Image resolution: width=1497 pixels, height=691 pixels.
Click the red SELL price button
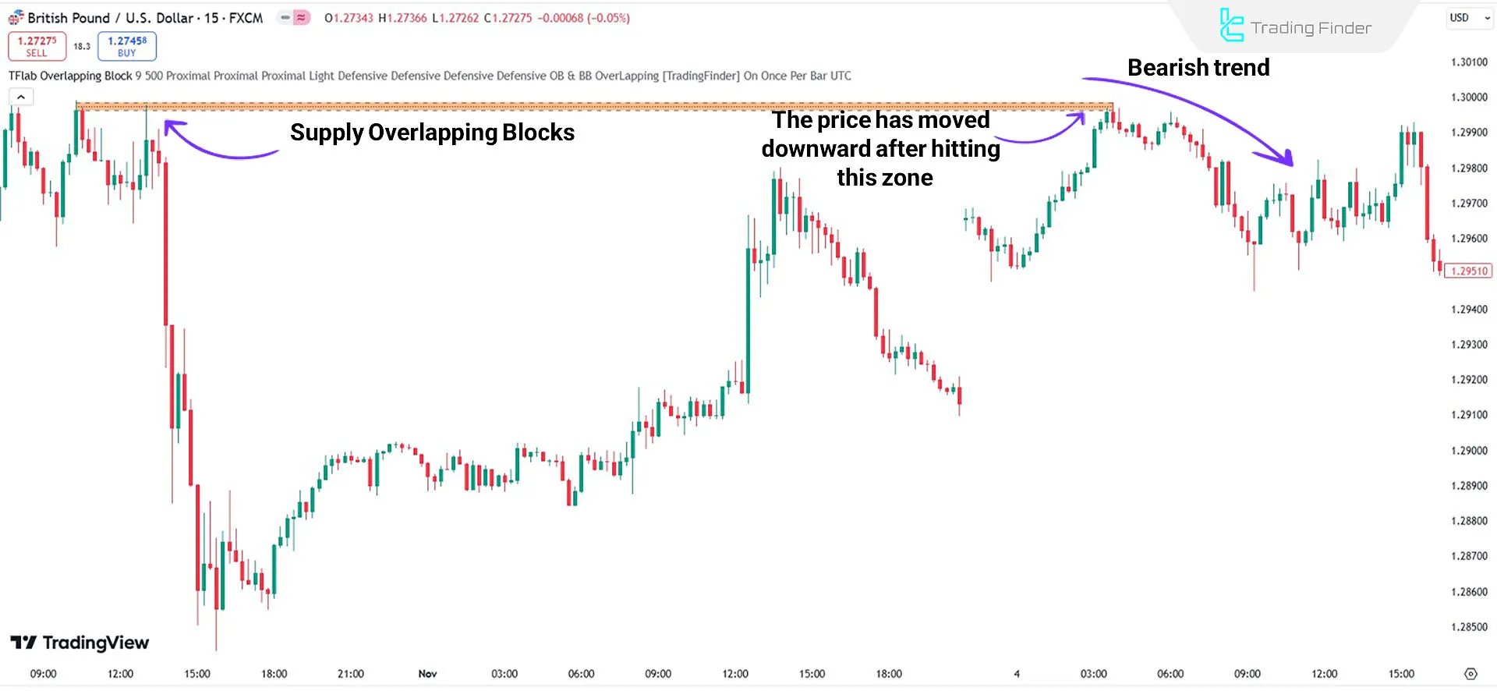(37, 46)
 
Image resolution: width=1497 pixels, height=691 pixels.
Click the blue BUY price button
(127, 46)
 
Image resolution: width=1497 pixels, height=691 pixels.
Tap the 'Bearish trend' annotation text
(1198, 68)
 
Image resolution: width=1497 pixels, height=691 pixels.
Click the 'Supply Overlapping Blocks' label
(432, 133)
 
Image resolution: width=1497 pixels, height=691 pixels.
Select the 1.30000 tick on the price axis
(1469, 97)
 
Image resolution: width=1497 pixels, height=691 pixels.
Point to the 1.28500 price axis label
(1469, 627)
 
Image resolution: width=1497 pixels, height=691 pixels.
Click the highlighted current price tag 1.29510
(1469, 271)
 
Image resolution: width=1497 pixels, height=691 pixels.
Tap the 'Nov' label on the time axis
(427, 674)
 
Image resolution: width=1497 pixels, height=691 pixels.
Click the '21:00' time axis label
(351, 674)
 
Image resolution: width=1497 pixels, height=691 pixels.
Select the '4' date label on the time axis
(1017, 674)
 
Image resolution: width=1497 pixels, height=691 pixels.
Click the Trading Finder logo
(1295, 27)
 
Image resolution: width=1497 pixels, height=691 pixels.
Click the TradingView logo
(80, 643)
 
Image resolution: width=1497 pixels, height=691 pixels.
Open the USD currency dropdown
(1469, 18)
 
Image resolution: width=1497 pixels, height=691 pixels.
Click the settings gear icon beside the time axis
(1470, 674)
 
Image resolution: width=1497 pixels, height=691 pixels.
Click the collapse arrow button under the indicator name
(21, 97)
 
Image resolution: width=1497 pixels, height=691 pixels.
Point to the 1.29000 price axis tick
(1469, 451)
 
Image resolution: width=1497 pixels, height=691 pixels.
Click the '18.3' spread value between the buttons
(82, 47)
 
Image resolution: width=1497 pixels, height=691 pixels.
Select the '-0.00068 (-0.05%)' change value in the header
(583, 18)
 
